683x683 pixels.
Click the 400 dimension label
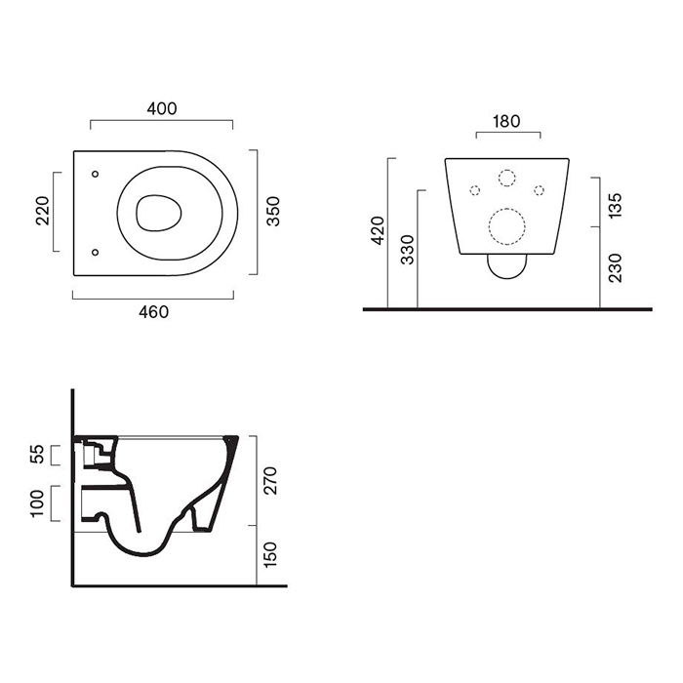coord(162,108)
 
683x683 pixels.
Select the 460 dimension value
coord(153,312)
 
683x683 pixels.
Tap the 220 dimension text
coord(43,211)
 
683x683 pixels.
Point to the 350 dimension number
coord(273,212)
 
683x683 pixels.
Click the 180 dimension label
coord(506,121)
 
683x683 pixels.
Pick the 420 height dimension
coord(378,230)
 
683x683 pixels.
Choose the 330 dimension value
coord(407,250)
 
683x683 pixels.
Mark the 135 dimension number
coord(615,205)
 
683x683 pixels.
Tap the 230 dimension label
coord(615,268)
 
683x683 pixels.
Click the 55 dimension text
coord(37,454)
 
